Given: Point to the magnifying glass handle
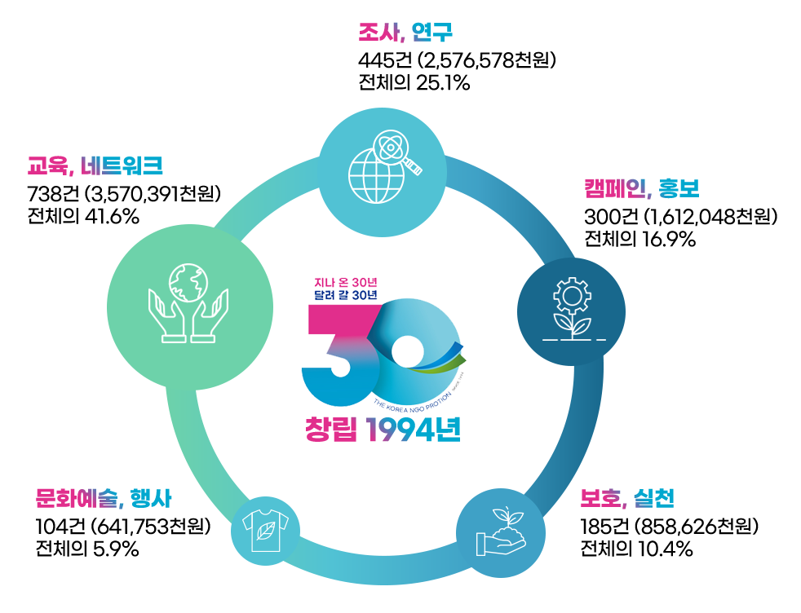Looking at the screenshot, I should (414, 169).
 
